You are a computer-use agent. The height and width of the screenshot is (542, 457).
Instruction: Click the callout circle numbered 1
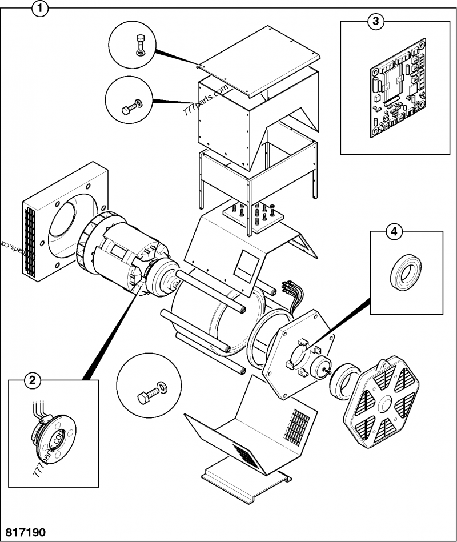39,9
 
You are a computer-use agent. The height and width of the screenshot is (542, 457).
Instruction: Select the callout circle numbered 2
34,380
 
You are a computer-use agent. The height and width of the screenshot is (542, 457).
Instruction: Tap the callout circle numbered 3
375,22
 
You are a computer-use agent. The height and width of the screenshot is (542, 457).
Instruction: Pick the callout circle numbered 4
392,231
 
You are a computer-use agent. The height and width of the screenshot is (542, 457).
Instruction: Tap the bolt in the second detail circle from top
129,107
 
